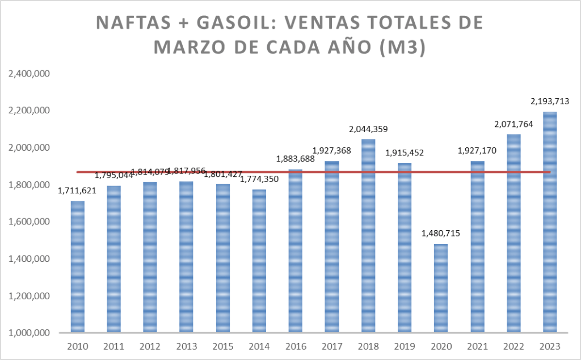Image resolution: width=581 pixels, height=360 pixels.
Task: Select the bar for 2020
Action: coord(441,289)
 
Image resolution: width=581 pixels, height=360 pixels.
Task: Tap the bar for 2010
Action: coord(78,267)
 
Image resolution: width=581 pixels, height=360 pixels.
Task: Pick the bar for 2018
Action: coord(368,236)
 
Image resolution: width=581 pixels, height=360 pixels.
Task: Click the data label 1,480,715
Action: coord(441,233)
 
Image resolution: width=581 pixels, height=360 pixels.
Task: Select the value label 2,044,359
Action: coord(368,129)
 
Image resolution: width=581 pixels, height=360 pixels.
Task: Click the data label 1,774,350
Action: coord(259,180)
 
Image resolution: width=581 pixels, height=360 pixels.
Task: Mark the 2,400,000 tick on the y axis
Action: coord(30,73)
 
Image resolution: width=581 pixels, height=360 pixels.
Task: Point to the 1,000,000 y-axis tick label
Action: coord(30,333)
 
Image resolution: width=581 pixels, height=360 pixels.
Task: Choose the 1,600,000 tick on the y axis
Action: coord(30,222)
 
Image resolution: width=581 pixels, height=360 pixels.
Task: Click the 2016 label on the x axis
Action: coord(296,346)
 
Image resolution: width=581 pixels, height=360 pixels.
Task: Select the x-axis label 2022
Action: coord(513,346)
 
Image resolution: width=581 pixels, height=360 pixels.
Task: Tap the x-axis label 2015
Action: coord(223,346)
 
